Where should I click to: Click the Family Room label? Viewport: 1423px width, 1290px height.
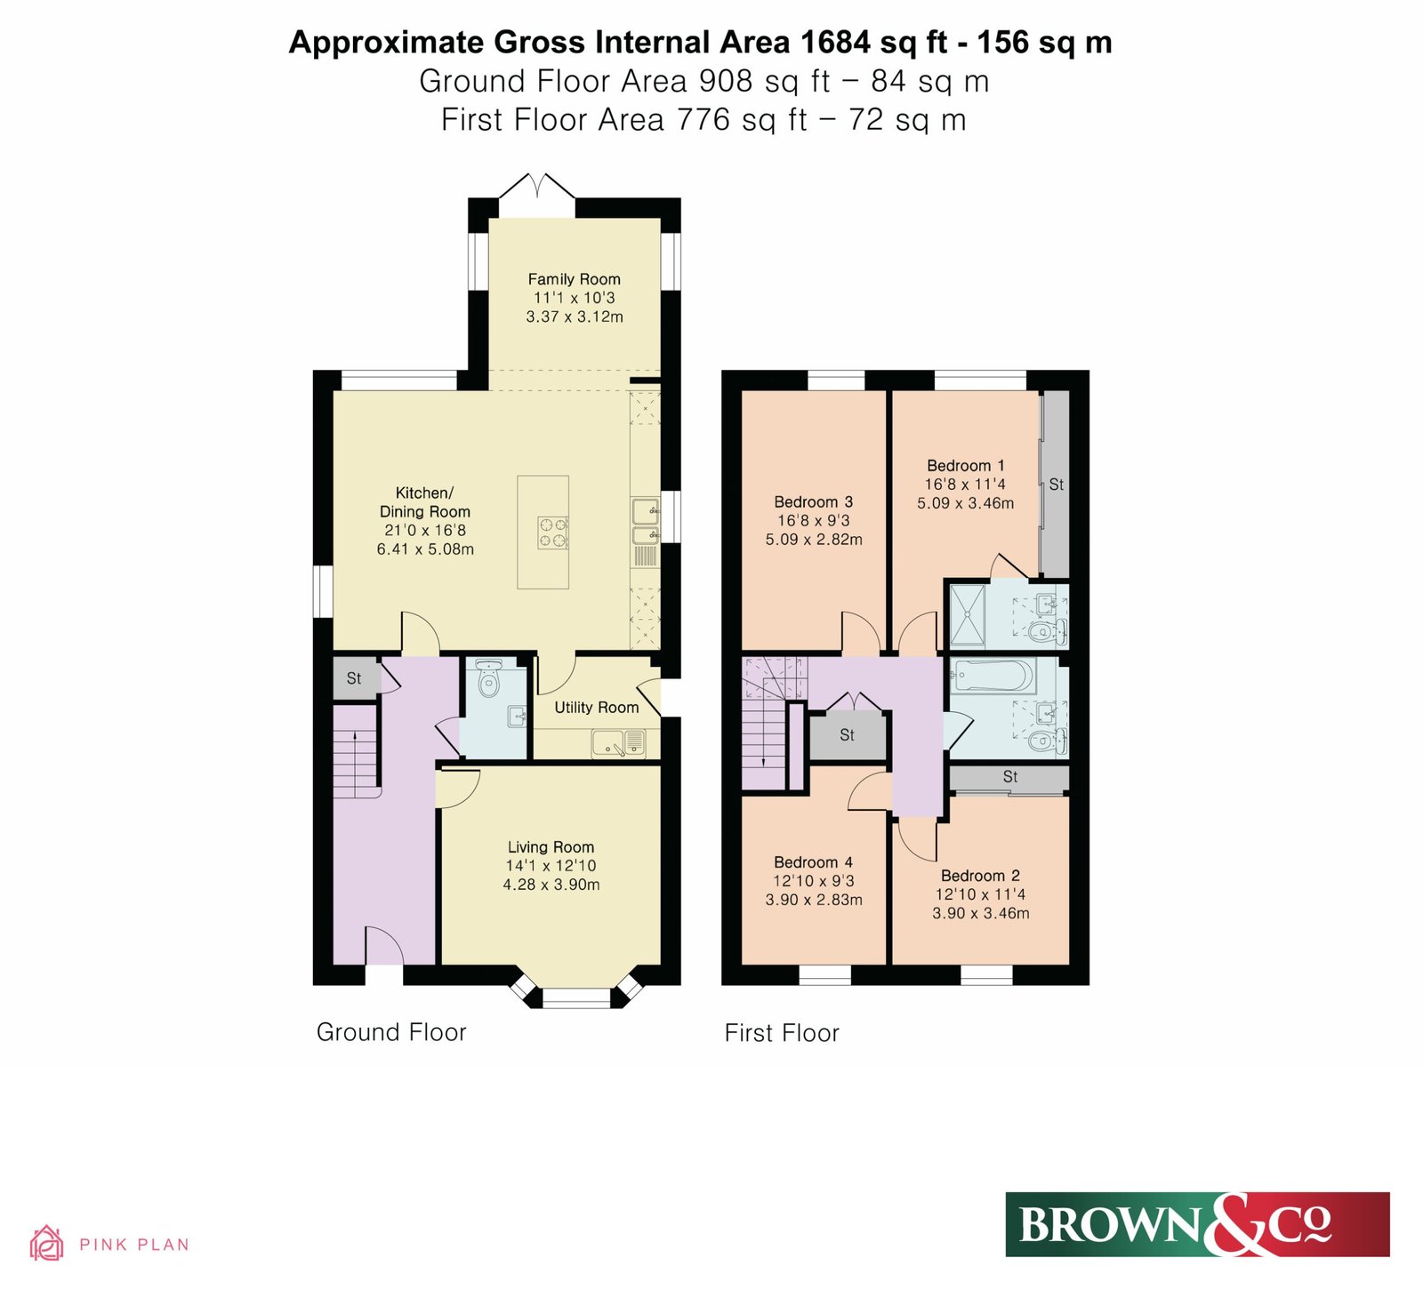(x=574, y=279)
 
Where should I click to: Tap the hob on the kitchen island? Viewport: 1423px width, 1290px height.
(x=552, y=533)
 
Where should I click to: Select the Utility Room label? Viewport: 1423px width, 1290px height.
(x=597, y=708)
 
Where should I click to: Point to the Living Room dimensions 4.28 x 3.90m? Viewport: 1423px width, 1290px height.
(x=551, y=885)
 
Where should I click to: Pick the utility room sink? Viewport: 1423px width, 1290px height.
(x=619, y=743)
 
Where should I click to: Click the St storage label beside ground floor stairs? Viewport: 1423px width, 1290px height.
(x=354, y=678)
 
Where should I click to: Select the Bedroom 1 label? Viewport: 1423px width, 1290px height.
(x=966, y=466)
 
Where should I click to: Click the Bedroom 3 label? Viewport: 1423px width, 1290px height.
(x=814, y=502)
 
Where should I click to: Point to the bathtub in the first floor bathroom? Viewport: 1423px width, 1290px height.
(x=992, y=676)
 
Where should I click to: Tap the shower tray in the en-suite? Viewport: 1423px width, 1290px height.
(x=968, y=614)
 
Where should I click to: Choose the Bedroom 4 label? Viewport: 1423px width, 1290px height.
(x=814, y=862)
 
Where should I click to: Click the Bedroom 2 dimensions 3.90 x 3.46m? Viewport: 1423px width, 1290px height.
(x=981, y=913)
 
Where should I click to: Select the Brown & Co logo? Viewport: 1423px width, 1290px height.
(x=1197, y=1224)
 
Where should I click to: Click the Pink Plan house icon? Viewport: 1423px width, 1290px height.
(x=46, y=1243)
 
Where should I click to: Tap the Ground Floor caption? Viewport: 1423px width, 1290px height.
(x=391, y=1032)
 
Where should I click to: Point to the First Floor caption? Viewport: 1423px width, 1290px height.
(x=782, y=1033)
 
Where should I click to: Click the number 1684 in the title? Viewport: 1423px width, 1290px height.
(x=834, y=42)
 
